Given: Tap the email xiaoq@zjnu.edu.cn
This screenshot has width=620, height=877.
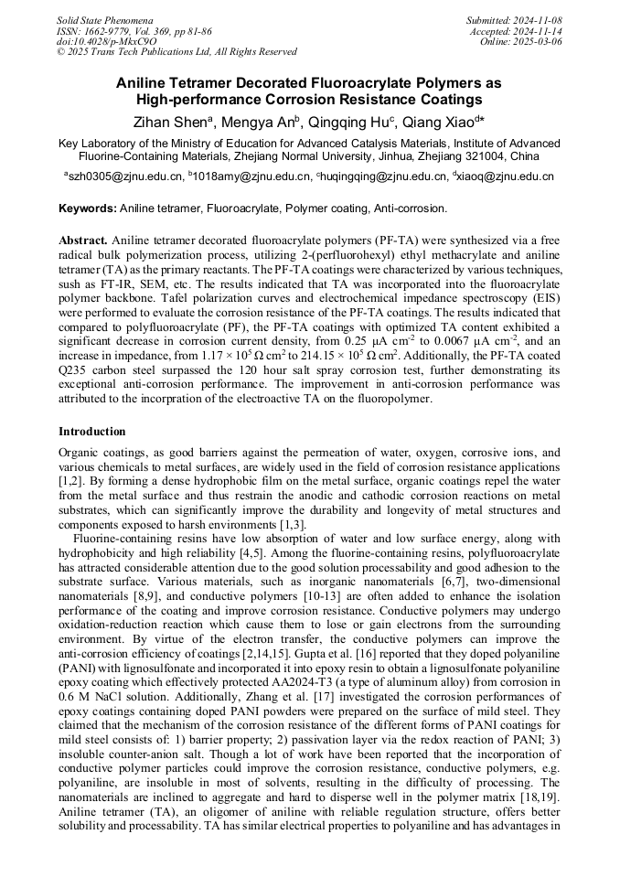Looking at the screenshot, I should pyautogui.click(x=508, y=176).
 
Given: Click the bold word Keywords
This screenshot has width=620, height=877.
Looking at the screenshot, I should pyautogui.click(x=87, y=209).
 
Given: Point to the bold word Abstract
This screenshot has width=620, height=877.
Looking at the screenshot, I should pyautogui.click(x=83, y=238).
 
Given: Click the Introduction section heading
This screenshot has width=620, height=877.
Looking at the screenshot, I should pyautogui.click(x=92, y=431).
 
